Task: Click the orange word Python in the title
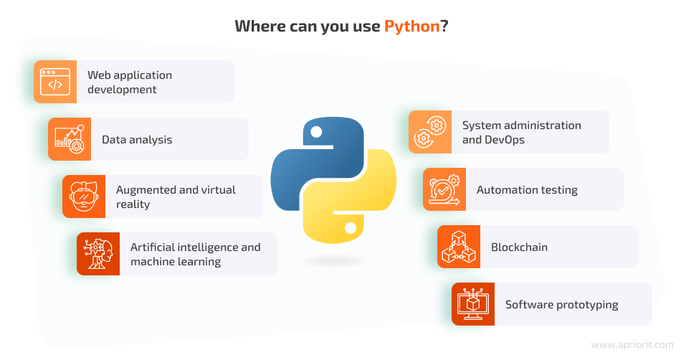(x=411, y=27)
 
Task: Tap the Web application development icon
(x=55, y=82)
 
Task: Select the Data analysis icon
(x=70, y=139)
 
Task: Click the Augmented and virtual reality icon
(x=84, y=196)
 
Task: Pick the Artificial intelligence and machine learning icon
(x=98, y=254)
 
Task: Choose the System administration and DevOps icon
(x=430, y=132)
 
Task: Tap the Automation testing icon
(x=444, y=189)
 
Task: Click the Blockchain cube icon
(x=459, y=247)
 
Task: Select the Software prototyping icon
(x=473, y=304)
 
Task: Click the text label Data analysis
(x=137, y=140)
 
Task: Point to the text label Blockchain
(x=519, y=247)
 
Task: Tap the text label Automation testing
(x=527, y=190)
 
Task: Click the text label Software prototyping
(x=561, y=305)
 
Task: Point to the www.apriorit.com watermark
(x=632, y=345)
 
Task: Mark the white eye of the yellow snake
(x=351, y=229)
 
